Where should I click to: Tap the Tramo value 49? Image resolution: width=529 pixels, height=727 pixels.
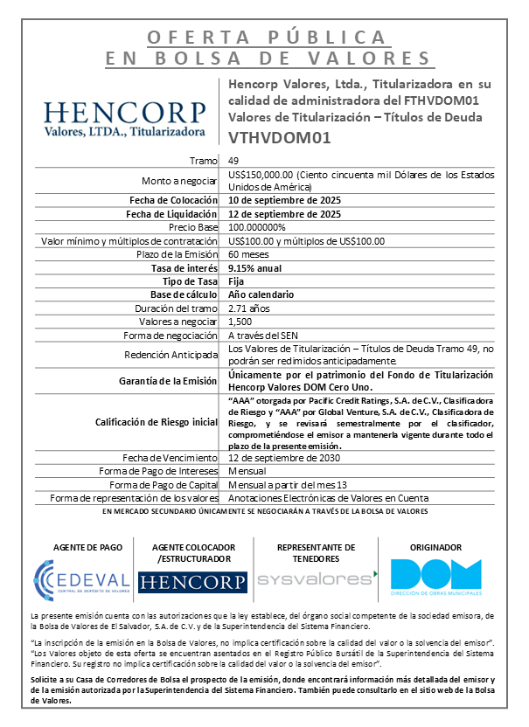[x=233, y=161]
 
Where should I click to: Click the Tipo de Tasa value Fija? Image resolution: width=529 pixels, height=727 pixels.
[x=236, y=281]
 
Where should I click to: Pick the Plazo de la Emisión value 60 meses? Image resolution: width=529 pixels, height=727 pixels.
[x=247, y=254]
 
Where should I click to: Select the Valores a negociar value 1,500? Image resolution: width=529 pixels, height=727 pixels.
[x=240, y=322]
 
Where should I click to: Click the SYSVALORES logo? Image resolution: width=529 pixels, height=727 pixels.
[x=316, y=578]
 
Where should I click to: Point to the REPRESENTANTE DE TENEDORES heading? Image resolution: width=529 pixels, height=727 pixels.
[x=316, y=552]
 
